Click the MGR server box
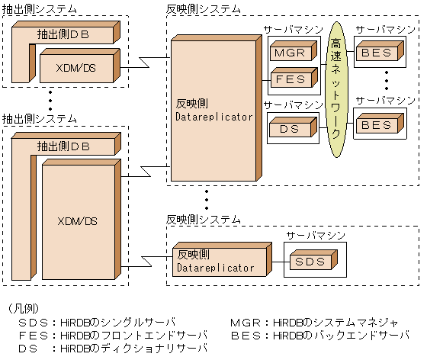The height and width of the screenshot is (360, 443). tap(287, 54)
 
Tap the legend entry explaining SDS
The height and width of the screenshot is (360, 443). tap(96, 322)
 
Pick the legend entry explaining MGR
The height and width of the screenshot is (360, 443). tap(314, 322)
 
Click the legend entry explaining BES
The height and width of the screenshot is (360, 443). tap(319, 335)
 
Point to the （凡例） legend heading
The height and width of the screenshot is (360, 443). tap(26, 308)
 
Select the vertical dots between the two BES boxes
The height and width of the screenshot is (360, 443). tap(387, 81)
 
